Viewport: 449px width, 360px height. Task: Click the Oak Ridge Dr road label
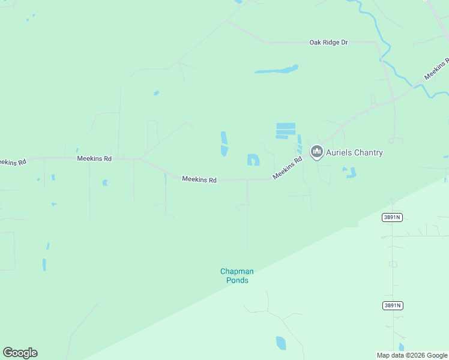click(x=328, y=43)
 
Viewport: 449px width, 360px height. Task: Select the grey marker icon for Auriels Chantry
click(x=316, y=152)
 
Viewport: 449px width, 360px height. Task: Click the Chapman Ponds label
click(x=237, y=276)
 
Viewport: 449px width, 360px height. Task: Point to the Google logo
click(x=20, y=353)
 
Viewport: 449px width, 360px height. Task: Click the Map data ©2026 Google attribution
click(x=412, y=355)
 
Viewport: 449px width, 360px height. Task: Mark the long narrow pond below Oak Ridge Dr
click(x=277, y=70)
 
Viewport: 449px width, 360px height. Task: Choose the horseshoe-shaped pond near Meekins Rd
click(x=253, y=160)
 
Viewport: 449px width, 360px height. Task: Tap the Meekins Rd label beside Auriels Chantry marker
click(x=288, y=168)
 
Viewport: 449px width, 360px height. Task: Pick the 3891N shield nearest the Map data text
click(x=392, y=305)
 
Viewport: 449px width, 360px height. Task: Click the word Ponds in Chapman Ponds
click(x=237, y=280)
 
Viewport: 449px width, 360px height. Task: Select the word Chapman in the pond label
click(x=237, y=272)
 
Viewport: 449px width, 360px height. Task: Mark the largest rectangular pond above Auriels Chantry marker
click(x=286, y=126)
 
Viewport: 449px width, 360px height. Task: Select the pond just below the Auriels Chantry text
click(x=349, y=173)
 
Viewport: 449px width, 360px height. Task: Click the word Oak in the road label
click(x=315, y=43)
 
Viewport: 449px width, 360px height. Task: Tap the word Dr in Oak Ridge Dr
click(x=344, y=43)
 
